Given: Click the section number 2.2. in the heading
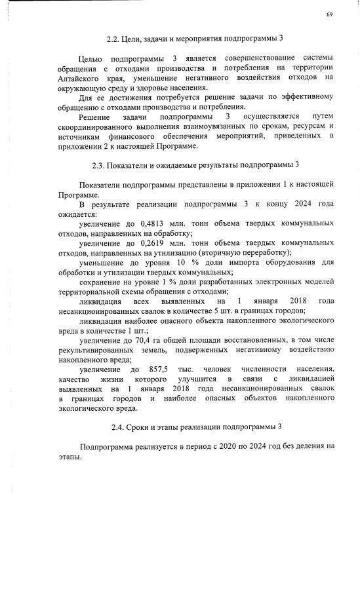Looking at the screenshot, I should [x=113, y=38].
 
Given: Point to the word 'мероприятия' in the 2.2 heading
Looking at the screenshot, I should [x=209, y=38].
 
